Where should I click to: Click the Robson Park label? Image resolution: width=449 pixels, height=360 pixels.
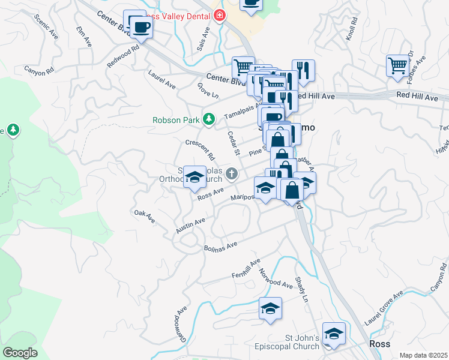(175, 119)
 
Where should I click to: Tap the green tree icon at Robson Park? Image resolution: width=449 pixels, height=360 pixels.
(208, 119)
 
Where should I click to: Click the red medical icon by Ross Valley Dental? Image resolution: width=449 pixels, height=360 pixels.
(219, 16)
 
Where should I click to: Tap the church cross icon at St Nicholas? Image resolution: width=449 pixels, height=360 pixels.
(232, 175)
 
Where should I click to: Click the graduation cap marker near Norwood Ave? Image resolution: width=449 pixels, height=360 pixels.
(271, 309)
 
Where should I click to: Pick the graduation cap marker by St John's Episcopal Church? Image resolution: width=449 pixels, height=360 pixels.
(334, 334)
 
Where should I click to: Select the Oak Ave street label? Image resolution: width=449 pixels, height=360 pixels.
(144, 217)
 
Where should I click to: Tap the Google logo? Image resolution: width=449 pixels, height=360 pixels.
(20, 353)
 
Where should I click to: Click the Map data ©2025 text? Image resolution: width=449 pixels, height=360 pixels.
(423, 355)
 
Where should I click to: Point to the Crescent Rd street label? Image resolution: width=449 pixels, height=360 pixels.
(200, 150)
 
